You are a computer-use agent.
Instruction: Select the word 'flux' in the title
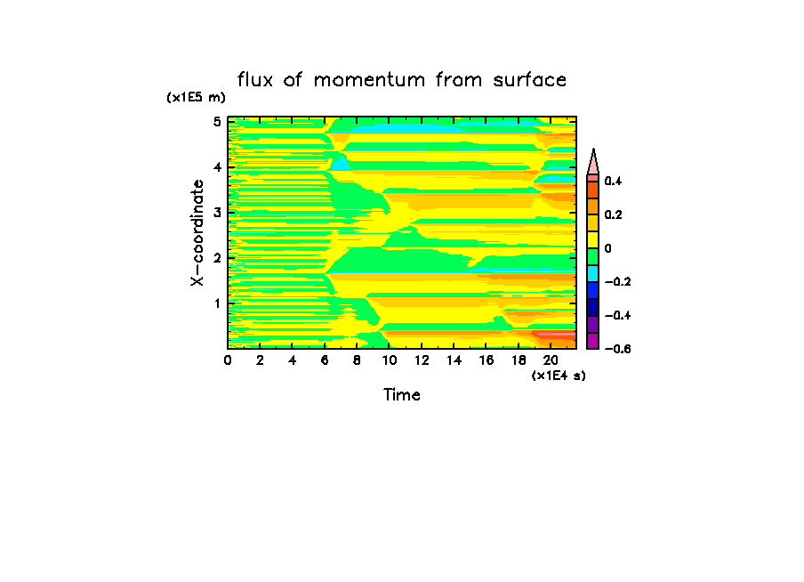tap(258, 80)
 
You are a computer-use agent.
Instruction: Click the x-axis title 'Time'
tap(402, 394)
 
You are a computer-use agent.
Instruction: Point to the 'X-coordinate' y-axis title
tap(197, 233)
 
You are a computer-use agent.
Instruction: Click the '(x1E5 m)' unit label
tap(197, 98)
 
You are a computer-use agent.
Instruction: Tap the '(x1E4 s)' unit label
tap(559, 376)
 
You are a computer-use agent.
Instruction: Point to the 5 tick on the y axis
tap(216, 122)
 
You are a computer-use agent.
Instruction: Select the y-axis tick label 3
tap(216, 213)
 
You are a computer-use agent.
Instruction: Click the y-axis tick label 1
tap(216, 303)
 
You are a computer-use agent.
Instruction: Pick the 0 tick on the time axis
tap(228, 360)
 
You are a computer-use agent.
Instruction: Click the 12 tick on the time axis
tap(422, 360)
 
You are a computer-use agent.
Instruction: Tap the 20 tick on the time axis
tap(551, 360)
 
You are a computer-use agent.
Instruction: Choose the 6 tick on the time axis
tap(325, 360)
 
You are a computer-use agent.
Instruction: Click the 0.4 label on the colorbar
tap(613, 182)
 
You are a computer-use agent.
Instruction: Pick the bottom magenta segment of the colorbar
tap(592, 341)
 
